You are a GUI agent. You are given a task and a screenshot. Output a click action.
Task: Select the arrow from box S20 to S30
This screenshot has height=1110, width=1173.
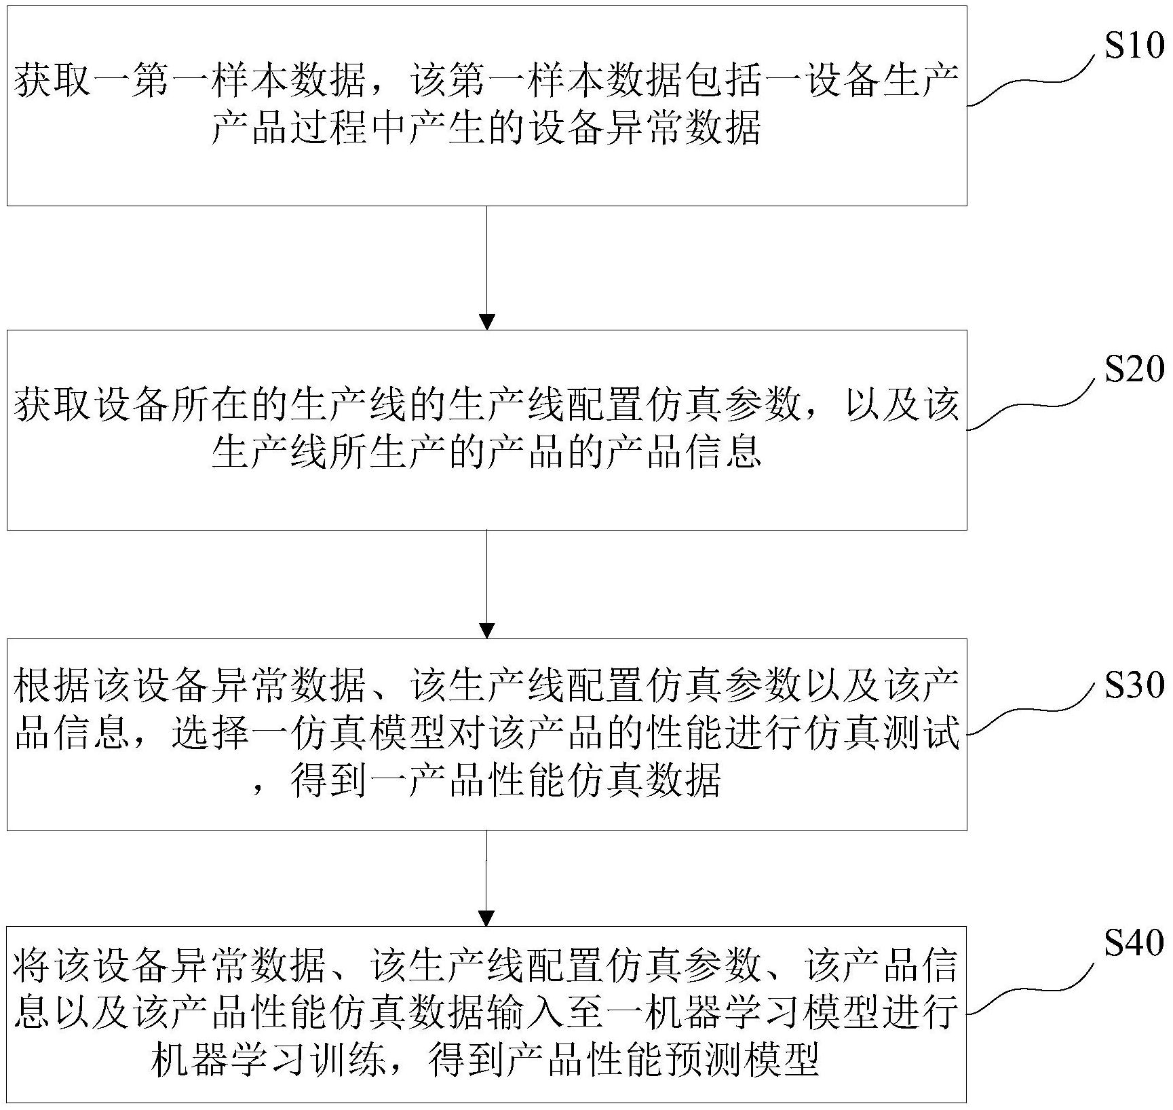[487, 583]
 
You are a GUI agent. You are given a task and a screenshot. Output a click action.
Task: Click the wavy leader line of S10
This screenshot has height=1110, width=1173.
[1031, 81]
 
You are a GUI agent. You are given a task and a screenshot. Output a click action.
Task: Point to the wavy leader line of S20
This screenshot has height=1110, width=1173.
[1031, 405]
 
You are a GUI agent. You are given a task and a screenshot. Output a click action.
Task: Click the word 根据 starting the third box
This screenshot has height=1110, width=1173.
[51, 687]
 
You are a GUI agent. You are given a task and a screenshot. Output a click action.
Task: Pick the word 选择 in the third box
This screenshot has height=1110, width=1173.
[211, 733]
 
